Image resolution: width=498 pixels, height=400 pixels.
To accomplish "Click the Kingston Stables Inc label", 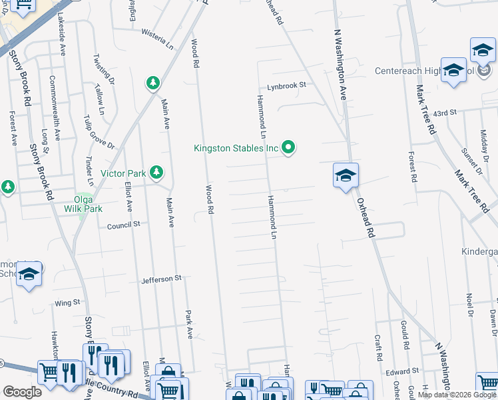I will click(x=235, y=148).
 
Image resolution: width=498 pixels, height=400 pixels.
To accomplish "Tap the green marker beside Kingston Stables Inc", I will click(x=288, y=147).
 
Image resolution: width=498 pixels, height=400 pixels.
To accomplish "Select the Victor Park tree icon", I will click(x=156, y=173).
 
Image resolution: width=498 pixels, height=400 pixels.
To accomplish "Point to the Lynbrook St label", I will click(x=286, y=85).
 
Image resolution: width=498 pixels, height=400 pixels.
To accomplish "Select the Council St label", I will click(x=124, y=225).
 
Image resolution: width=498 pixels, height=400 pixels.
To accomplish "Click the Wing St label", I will click(x=67, y=303).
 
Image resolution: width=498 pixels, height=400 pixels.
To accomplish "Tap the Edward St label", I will click(x=405, y=370).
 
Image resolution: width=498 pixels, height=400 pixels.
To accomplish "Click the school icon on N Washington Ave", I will click(x=346, y=176).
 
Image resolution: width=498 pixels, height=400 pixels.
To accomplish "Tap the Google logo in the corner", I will click(x=21, y=391).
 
